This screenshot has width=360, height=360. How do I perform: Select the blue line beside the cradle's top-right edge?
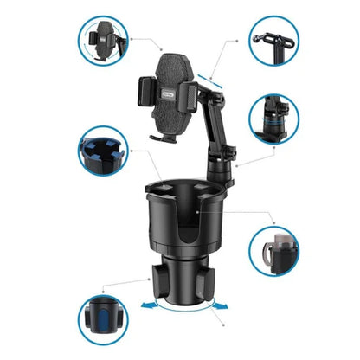pyautogui.click(x=209, y=80)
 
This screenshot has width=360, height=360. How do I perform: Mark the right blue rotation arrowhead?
pyautogui.click(x=228, y=304)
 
